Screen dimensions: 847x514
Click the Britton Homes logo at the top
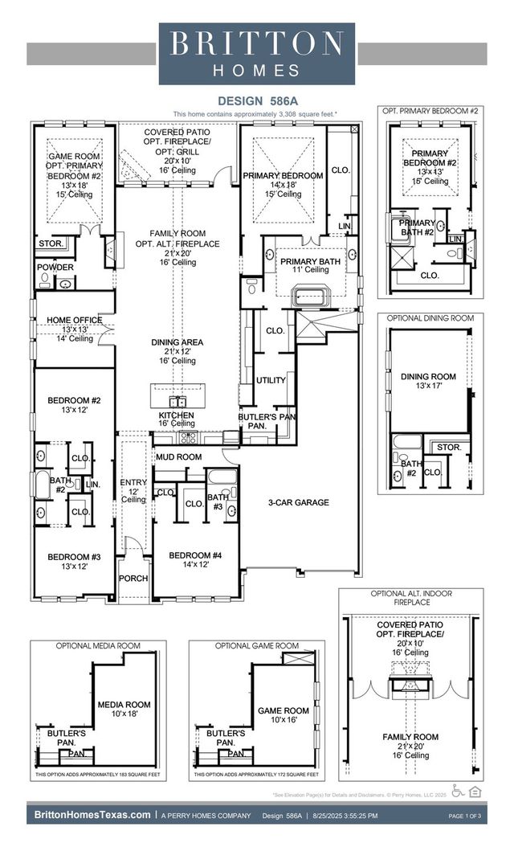coord(257,53)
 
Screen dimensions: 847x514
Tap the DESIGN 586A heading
coord(256,101)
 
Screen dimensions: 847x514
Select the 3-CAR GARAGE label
coord(298,502)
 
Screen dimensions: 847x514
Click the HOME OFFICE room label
coord(75,320)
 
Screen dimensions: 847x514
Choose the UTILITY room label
coord(271,380)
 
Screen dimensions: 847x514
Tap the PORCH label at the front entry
coord(133,579)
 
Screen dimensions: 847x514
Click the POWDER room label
coord(55,268)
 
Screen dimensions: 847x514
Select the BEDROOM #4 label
coord(194,555)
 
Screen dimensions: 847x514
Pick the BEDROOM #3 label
coord(73,557)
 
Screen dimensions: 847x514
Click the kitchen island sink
coord(177,400)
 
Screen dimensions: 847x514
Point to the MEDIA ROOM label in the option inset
coord(124,705)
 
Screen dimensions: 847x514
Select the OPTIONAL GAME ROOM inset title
coord(256,645)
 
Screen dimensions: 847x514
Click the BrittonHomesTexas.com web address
coord(92,815)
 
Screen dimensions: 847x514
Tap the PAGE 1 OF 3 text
coord(463,816)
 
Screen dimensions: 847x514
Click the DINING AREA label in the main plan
coord(177,342)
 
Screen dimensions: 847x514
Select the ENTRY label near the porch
coord(133,483)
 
